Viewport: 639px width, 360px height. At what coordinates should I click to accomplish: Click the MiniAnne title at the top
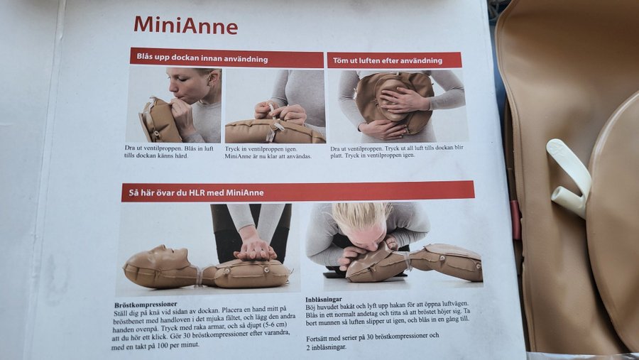pos(186,25)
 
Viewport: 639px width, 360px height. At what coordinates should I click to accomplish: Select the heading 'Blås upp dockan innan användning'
pos(202,58)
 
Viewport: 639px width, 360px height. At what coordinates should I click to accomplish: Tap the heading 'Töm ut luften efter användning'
pos(387,61)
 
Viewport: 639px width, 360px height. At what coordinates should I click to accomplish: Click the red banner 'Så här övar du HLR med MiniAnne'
pos(298,192)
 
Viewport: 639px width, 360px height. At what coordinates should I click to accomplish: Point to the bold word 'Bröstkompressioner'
pos(146,305)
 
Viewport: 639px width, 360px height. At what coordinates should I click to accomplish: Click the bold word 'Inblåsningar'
pos(324,300)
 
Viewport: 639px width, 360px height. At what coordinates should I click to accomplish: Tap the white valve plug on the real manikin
pos(569,177)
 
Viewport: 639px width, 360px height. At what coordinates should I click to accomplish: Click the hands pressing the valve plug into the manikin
pos(280,112)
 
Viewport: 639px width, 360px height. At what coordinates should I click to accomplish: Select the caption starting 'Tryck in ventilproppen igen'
pos(268,153)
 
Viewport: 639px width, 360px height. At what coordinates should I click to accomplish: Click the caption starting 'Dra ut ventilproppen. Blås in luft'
pos(169,152)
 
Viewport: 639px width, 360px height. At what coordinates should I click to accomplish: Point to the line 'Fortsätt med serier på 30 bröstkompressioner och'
pos(373,337)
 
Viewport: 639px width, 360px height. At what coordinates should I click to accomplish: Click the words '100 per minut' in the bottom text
pos(178,345)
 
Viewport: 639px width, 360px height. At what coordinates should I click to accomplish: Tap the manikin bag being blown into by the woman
pos(160,120)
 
